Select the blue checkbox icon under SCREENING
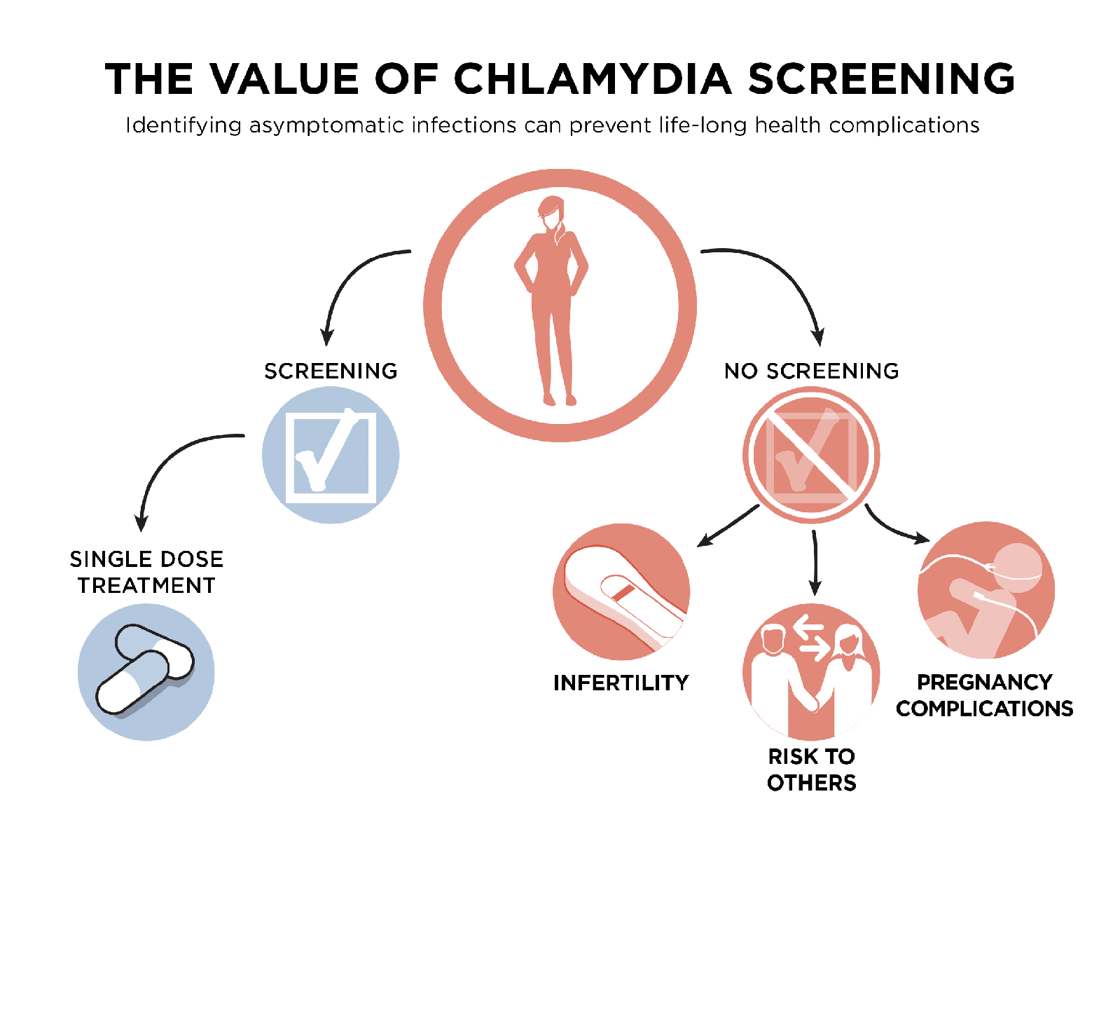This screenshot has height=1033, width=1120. click(331, 456)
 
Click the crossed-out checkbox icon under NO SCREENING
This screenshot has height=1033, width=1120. click(811, 456)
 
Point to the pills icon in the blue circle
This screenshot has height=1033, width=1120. click(146, 672)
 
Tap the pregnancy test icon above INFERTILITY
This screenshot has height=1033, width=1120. click(621, 592)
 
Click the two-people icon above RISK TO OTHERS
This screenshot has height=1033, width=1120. click(811, 672)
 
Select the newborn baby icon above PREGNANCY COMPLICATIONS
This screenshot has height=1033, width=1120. click(986, 590)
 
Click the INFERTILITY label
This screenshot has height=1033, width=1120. click(621, 683)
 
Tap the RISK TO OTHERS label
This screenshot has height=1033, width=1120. click(811, 769)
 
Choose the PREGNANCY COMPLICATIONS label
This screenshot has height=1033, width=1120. click(984, 695)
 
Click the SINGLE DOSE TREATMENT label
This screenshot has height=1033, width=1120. click(146, 572)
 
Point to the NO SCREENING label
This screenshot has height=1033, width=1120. click(811, 371)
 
